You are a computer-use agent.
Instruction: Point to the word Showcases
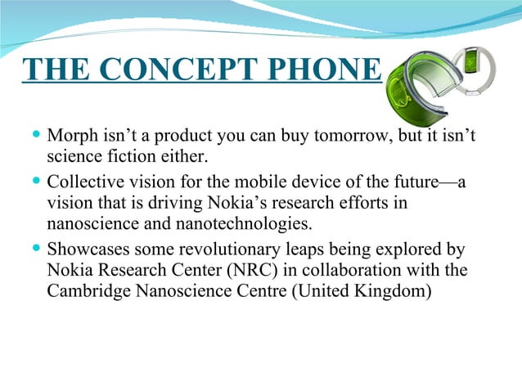90,249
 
